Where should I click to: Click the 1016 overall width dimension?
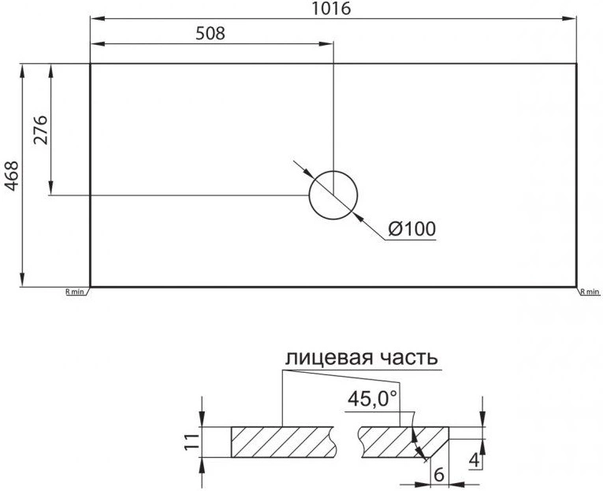point(331,8)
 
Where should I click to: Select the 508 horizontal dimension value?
point(210,33)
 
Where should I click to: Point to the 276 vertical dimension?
point(40,130)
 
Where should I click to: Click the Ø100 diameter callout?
point(412,229)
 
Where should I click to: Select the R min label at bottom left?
point(75,292)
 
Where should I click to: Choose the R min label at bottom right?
point(590,292)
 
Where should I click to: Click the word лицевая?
point(329,359)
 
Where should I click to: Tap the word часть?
point(409,359)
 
